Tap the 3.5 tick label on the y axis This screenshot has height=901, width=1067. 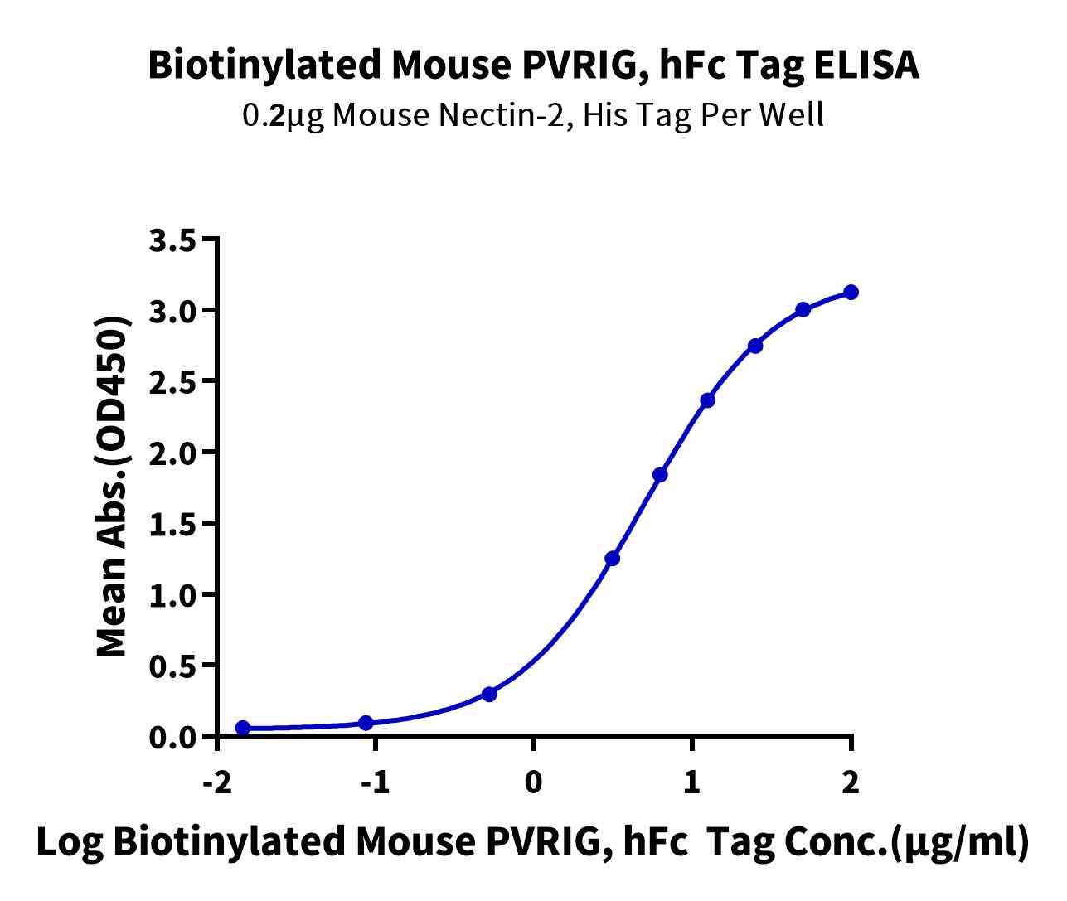click(172, 240)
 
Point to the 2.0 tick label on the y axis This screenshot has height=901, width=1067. click(172, 453)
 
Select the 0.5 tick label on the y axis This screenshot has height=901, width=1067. click(172, 666)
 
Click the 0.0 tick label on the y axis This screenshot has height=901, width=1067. click(172, 737)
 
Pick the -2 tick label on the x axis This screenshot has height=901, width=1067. click(216, 782)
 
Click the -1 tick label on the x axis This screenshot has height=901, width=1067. click(375, 782)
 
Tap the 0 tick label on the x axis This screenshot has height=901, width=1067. click(534, 782)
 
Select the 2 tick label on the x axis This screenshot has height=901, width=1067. click(851, 782)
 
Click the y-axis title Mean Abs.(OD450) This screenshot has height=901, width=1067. click(114, 487)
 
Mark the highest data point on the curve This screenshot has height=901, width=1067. click(851, 292)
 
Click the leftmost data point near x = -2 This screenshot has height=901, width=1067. click(243, 728)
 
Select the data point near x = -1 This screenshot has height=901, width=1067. click(366, 723)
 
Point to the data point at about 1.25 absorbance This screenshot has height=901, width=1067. click(613, 559)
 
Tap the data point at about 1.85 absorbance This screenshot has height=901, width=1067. click(660, 475)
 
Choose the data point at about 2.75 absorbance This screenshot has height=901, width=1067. click(755, 346)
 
